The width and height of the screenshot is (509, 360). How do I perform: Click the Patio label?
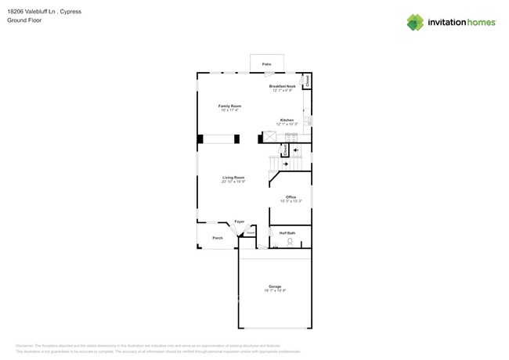click(x=266, y=63)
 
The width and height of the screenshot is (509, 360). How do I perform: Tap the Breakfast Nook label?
click(x=282, y=86)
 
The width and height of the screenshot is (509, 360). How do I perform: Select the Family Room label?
click(x=229, y=106)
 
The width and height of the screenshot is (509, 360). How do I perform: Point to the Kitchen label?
click(x=287, y=120)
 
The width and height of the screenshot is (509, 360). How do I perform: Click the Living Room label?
click(x=233, y=178)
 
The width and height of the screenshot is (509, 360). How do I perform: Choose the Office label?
click(x=291, y=197)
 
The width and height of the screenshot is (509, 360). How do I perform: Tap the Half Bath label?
click(x=287, y=232)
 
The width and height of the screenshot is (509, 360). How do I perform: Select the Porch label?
click(x=218, y=238)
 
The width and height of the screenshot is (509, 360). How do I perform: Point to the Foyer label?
click(x=240, y=221)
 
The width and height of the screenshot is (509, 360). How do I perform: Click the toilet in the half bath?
click(x=290, y=243)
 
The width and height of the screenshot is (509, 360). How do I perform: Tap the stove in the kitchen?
click(x=291, y=137)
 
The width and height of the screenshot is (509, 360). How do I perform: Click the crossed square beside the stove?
click(x=270, y=137)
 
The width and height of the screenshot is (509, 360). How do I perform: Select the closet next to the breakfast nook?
click(x=307, y=80)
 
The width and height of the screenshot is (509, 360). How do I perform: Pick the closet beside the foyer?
click(x=251, y=232)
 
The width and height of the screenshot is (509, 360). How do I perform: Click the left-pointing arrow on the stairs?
click(x=295, y=150)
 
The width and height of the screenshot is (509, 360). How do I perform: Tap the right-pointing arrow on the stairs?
click(x=284, y=164)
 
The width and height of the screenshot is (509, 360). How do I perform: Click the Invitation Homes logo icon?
click(x=415, y=22)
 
